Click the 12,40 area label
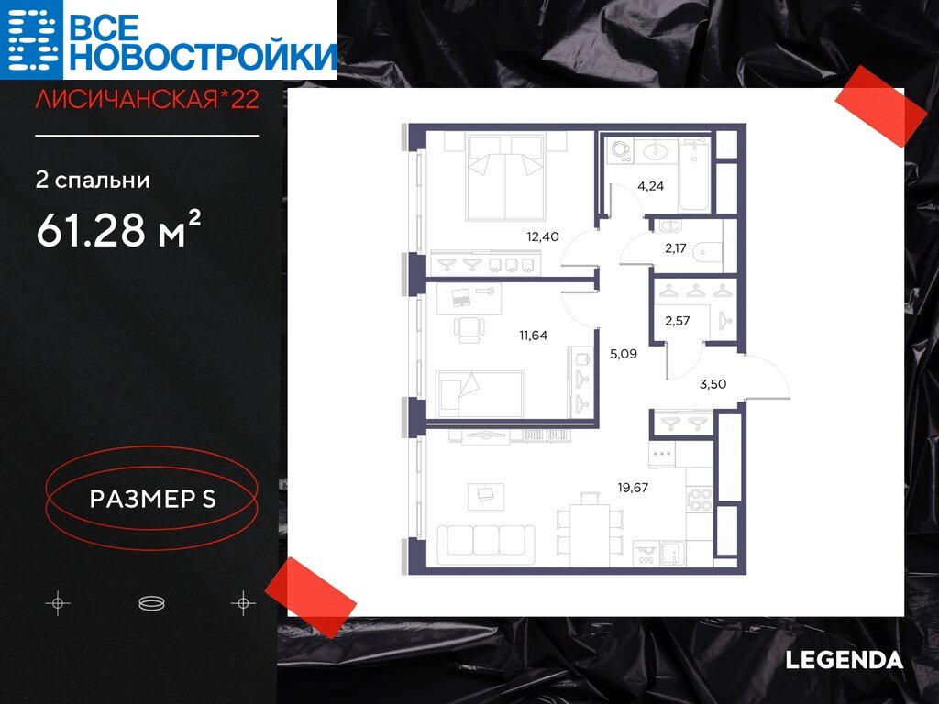(x=543, y=236)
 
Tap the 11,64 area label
(x=533, y=335)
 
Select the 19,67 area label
(x=633, y=488)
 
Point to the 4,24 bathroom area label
(x=650, y=185)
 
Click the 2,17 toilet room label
(x=676, y=247)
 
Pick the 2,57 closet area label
(x=678, y=320)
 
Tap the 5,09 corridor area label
(x=624, y=354)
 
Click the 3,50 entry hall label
(x=713, y=384)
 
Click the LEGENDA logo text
(x=844, y=660)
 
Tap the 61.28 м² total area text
(x=118, y=230)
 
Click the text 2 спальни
(x=93, y=181)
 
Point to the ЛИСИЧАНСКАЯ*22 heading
(x=148, y=99)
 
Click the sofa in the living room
(x=486, y=544)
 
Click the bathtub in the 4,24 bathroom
(x=695, y=174)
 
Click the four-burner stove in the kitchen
(x=700, y=500)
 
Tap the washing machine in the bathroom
(x=620, y=152)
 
